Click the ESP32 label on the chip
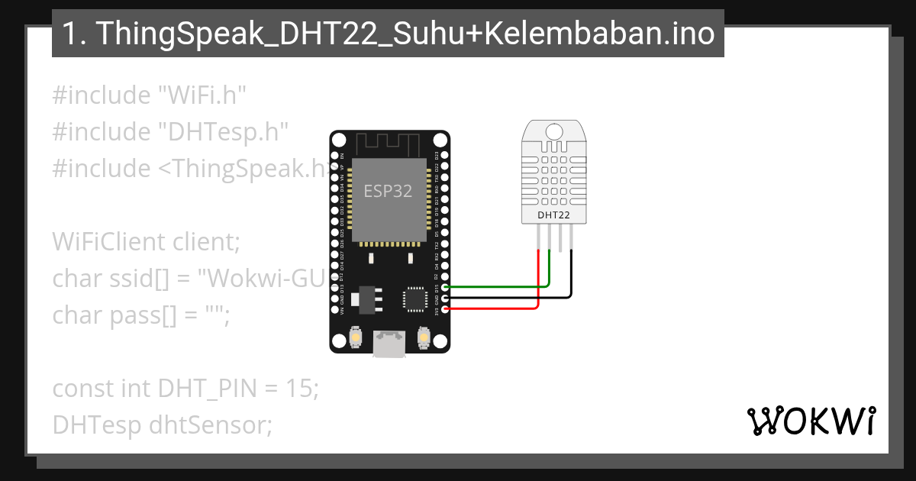point(388,191)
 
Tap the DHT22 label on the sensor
point(554,215)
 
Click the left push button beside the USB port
point(356,336)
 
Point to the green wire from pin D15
point(496,286)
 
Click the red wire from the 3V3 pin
point(496,308)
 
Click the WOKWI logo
point(811,421)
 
